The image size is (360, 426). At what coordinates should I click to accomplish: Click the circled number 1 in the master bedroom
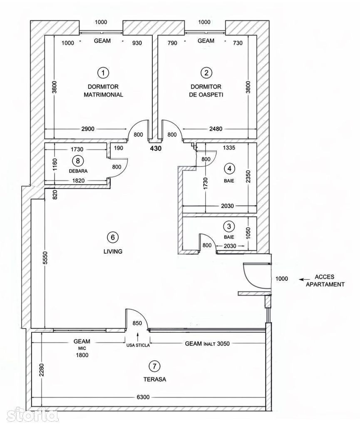pyautogui.click(x=103, y=73)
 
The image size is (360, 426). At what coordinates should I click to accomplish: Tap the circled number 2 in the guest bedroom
pyautogui.click(x=206, y=73)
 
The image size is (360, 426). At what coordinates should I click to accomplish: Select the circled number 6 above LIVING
pyautogui.click(x=113, y=237)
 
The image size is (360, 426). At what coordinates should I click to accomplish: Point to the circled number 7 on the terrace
pyautogui.click(x=154, y=366)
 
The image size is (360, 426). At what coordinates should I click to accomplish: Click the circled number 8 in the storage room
pyautogui.click(x=78, y=161)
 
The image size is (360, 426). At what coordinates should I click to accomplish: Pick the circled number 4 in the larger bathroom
pyautogui.click(x=229, y=169)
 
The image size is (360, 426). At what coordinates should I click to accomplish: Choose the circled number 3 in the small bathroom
pyautogui.click(x=229, y=226)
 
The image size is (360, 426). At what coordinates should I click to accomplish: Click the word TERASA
pyautogui.click(x=155, y=379)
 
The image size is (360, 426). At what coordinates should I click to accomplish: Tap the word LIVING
pyautogui.click(x=113, y=251)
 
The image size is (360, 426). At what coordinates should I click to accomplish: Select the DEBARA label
pyautogui.click(x=78, y=171)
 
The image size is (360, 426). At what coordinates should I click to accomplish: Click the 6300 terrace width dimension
pyautogui.click(x=143, y=397)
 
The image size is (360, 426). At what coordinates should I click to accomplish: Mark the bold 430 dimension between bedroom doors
pyautogui.click(x=156, y=149)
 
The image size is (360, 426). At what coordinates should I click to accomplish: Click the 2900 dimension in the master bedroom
pyautogui.click(x=88, y=129)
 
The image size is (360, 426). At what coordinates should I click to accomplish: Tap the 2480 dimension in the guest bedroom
pyautogui.click(x=216, y=129)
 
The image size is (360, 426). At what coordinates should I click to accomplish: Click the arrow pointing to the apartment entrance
pyautogui.click(x=304, y=279)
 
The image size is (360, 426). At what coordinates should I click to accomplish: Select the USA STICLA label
pyautogui.click(x=138, y=346)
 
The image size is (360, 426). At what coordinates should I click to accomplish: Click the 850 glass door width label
pyautogui.click(x=137, y=323)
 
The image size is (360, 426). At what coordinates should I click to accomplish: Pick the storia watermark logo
pyautogui.click(x=32, y=415)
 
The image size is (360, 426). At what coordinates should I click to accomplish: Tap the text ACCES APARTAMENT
pyautogui.click(x=325, y=281)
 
